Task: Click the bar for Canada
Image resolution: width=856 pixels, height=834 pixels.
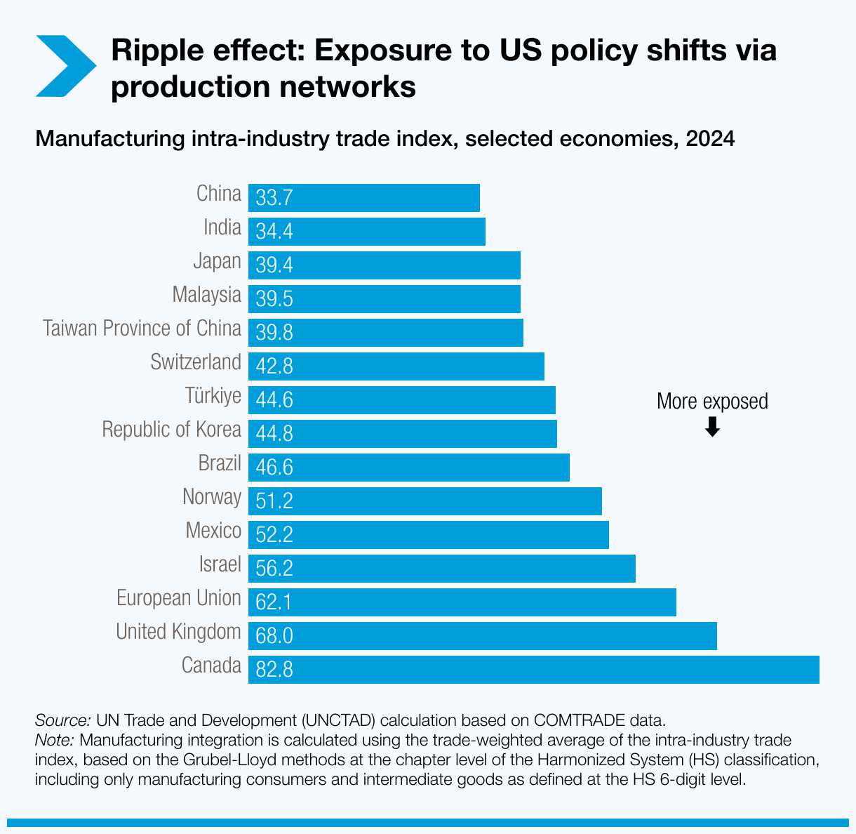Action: (x=533, y=669)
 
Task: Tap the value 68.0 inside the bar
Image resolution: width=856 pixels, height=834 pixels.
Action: (x=274, y=636)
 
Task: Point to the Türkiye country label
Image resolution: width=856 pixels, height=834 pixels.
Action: (x=213, y=396)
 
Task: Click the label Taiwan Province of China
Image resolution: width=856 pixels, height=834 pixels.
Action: (x=142, y=329)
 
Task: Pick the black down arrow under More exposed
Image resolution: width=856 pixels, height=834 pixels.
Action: (x=712, y=427)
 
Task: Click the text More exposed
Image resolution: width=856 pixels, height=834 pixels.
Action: (x=712, y=402)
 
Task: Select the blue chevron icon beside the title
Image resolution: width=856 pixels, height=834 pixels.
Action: (x=65, y=66)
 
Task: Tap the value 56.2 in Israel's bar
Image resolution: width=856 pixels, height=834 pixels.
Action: (x=274, y=569)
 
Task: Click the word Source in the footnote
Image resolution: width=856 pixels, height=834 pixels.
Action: (x=62, y=720)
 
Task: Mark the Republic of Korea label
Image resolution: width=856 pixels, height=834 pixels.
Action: (x=171, y=430)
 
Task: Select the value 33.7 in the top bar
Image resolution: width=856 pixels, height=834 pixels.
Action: (x=274, y=198)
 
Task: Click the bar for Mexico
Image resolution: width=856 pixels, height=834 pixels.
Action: (x=428, y=534)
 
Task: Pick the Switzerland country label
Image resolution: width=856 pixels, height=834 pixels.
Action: (x=196, y=362)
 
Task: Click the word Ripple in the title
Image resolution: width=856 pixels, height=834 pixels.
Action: (x=153, y=51)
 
